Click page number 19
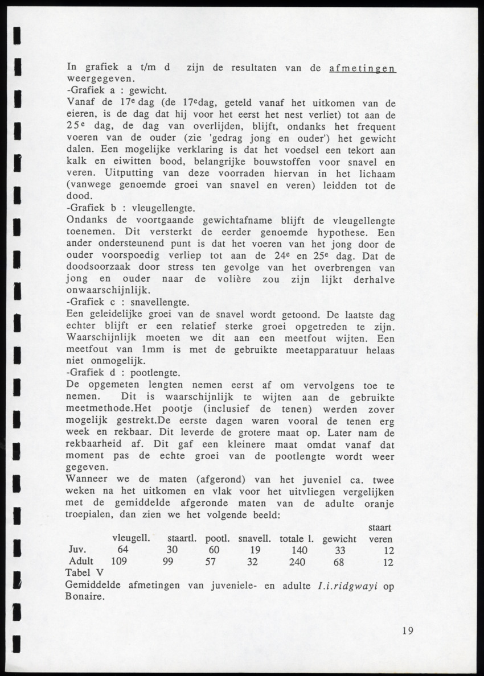[407, 630]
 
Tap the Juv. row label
[77, 550]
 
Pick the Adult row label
[80, 562]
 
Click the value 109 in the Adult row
[118, 562]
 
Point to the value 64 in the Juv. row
[123, 550]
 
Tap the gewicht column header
[339, 538]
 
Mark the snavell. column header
[254, 538]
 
